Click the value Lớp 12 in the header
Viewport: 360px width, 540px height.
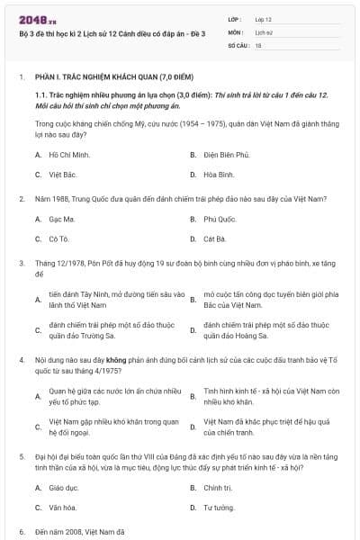263,18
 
